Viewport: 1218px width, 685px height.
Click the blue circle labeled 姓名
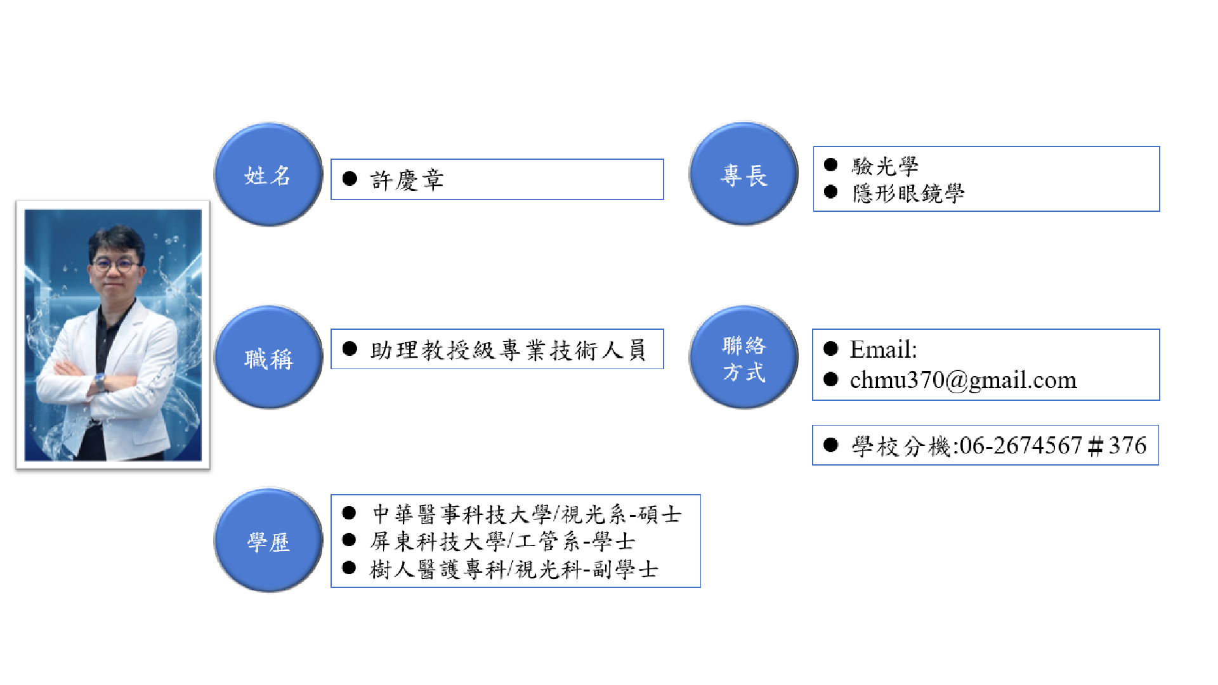(268, 174)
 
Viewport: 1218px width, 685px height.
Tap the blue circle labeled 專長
(743, 174)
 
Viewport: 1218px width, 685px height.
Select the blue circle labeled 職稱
(268, 358)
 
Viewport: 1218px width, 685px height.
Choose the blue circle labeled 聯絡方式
(743, 358)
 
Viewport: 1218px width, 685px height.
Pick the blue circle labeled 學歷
(268, 540)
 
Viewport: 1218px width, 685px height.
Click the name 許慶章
(407, 180)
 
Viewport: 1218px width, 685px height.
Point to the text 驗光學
(885, 166)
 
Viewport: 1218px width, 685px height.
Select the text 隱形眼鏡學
(908, 193)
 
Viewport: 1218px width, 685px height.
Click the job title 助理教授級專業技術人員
(508, 350)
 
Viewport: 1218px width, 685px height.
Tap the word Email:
(883, 349)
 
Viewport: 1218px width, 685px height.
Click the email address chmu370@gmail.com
(964, 381)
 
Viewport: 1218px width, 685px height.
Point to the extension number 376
(1127, 445)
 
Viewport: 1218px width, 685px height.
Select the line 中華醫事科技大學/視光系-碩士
(527, 514)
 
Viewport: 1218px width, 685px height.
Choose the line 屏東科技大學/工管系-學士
(502, 541)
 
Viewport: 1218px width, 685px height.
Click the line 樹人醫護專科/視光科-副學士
(514, 569)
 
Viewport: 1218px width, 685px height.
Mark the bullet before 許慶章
(350, 179)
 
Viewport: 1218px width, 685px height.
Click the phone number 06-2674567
(1021, 445)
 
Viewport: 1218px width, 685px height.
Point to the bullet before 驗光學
(830, 165)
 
